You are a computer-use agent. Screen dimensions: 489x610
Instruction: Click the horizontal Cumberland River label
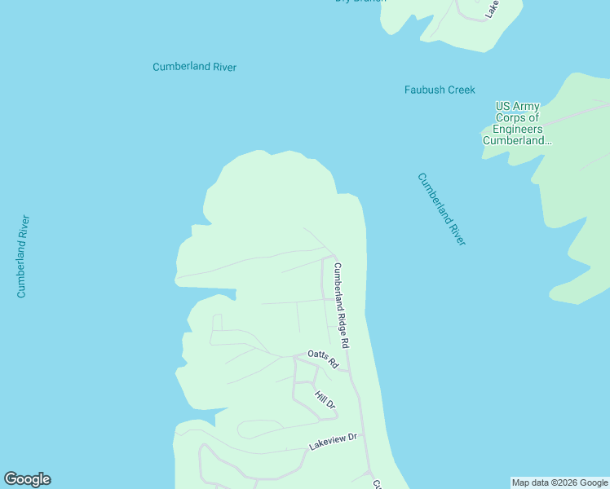[x=194, y=67]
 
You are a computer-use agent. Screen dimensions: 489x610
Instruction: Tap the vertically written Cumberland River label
[x=23, y=256]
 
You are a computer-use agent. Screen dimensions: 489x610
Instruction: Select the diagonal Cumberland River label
[x=441, y=209]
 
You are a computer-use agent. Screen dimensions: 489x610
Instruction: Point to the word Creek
[x=461, y=90]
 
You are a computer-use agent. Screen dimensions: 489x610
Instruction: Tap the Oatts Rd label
[x=322, y=359]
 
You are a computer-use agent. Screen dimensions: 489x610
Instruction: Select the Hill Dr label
[x=325, y=399]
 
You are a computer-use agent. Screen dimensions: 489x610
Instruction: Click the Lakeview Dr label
[x=333, y=442]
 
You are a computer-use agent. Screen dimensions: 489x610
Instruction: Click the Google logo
[x=27, y=479]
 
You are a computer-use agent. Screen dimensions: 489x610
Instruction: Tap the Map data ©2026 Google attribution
[x=559, y=483]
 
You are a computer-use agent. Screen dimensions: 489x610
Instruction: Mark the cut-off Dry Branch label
[x=360, y=2]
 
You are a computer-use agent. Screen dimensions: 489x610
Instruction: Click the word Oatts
[x=317, y=355]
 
